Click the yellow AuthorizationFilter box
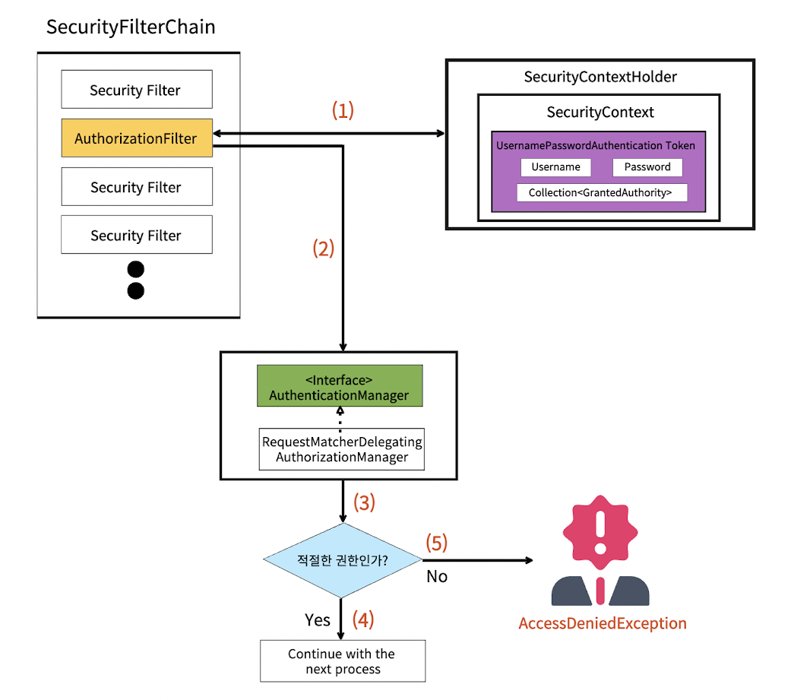coord(137,138)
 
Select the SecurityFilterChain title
coord(131,27)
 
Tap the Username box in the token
coord(555,167)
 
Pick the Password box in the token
coord(647,167)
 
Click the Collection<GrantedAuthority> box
coord(601,193)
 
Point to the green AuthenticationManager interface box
coord(339,387)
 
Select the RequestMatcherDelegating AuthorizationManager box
coord(341,449)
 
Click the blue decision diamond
coord(342,561)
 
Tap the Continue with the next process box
coord(342,661)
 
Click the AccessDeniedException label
coord(603,624)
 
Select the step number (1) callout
coord(343,110)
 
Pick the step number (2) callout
coord(324,249)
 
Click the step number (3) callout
coord(365,502)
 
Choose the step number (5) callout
coord(436,543)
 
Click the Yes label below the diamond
coord(317,620)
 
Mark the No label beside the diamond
coord(437,577)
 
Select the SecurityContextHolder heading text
coord(600,77)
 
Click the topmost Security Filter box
coord(137,90)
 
